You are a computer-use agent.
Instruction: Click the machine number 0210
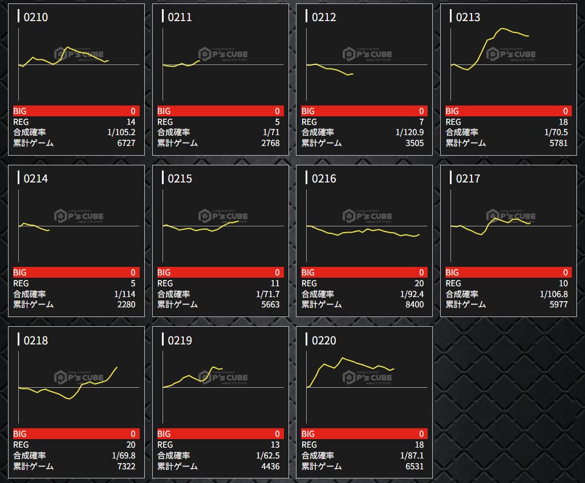click(36, 17)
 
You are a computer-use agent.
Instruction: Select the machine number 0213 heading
click(468, 17)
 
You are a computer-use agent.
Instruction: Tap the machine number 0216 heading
click(324, 178)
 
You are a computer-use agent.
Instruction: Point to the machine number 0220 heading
click(324, 340)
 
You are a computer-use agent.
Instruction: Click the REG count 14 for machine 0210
click(131, 122)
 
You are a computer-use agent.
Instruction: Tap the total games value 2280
click(125, 305)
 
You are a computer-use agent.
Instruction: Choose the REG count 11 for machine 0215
click(275, 283)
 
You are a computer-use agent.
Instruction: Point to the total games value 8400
click(413, 305)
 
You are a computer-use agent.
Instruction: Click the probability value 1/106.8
click(554, 294)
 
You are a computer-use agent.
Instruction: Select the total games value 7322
click(125, 466)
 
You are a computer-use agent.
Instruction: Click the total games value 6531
click(413, 466)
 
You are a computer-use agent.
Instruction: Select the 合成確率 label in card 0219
click(174, 456)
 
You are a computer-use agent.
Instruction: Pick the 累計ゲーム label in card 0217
click(466, 305)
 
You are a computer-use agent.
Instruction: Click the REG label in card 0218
click(22, 445)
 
